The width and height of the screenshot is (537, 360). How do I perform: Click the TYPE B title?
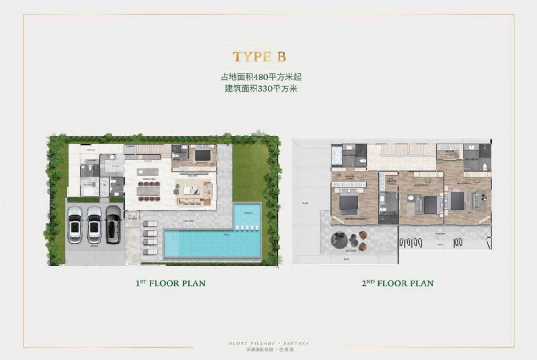pos(259,57)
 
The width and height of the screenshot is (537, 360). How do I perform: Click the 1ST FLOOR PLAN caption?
pos(170,283)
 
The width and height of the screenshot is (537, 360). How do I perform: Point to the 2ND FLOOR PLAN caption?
pos(397,283)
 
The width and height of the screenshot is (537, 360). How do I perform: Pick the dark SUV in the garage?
pos(113,224)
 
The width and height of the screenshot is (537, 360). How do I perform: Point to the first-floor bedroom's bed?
pos(202,155)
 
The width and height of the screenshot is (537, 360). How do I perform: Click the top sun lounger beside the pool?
pos(150,223)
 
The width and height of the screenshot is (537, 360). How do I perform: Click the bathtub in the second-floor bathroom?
pos(338,155)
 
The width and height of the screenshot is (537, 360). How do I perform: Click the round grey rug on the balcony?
pos(341,238)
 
